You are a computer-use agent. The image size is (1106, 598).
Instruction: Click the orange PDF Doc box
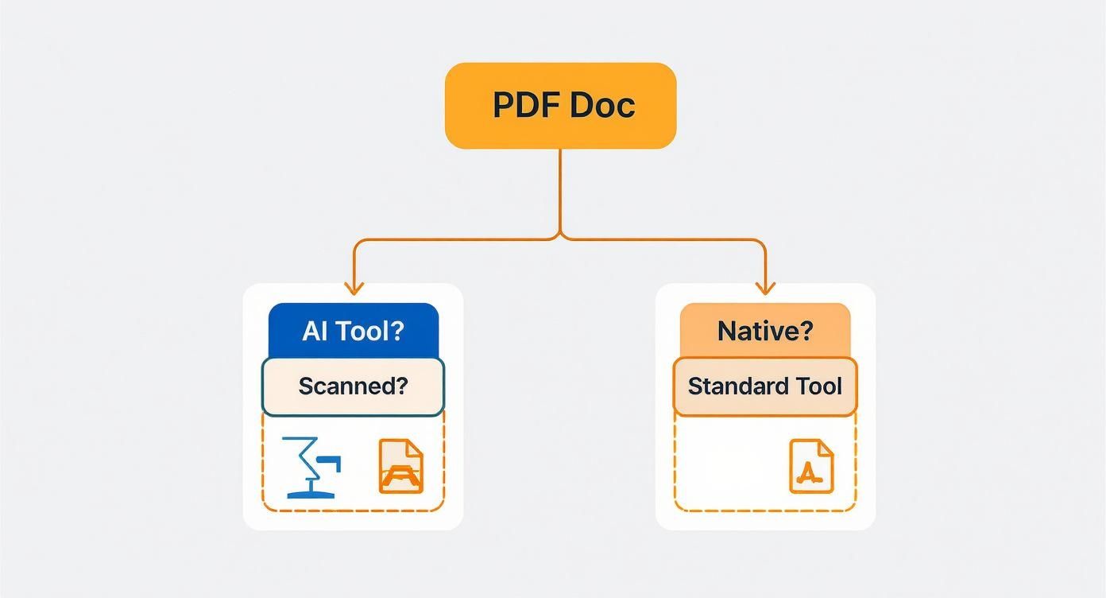560,105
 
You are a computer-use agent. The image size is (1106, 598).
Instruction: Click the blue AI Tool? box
354,330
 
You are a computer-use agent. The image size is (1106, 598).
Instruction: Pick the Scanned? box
353,386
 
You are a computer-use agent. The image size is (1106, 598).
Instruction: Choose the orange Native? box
765,330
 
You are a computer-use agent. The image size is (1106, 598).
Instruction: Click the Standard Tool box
765,386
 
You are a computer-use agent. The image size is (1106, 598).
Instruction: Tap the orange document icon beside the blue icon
401,466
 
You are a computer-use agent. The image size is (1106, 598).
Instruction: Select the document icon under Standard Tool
811,466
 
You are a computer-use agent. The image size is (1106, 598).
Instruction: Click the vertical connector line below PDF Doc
560,191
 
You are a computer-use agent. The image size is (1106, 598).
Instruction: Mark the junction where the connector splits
560,236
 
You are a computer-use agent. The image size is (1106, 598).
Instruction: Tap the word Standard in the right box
732,386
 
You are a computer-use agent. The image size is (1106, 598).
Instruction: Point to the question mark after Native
806,331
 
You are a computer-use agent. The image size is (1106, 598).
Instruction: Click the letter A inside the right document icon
808,472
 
